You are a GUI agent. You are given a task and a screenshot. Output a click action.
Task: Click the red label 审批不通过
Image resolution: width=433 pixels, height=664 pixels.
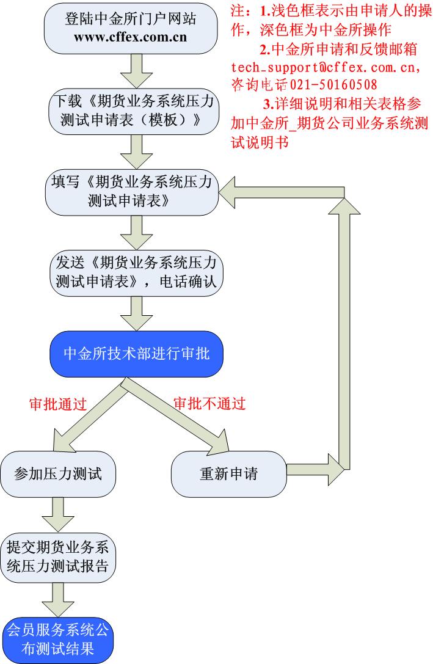pyautogui.click(x=209, y=404)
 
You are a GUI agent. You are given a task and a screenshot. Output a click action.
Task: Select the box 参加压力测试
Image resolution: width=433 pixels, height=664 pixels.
pyautogui.click(x=58, y=473)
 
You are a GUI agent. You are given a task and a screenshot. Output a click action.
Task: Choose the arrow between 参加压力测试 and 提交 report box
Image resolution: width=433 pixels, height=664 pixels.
pyautogui.click(x=59, y=514)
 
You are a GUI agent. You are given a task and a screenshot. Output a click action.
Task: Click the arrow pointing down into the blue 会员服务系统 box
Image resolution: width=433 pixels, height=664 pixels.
pyautogui.click(x=59, y=599)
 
